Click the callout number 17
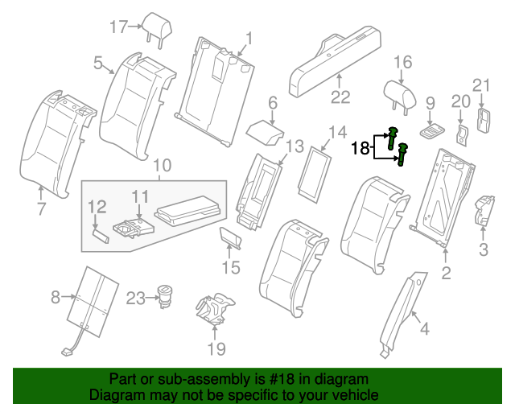118,27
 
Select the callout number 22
341,97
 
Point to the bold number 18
360,147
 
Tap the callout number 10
162,167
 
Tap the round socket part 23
166,295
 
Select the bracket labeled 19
215,308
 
